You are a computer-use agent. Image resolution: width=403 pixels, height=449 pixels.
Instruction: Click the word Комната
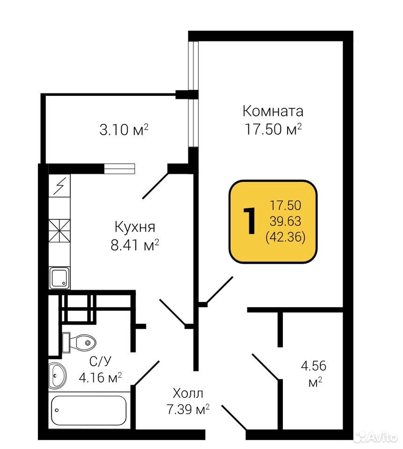tap(273, 111)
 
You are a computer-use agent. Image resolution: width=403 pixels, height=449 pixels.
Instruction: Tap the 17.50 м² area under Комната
tap(273, 129)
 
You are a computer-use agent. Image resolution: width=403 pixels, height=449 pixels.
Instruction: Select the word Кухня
tap(135, 227)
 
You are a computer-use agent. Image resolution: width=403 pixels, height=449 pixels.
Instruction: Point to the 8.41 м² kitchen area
tap(135, 245)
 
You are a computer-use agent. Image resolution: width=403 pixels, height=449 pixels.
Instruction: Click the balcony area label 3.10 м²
tap(124, 130)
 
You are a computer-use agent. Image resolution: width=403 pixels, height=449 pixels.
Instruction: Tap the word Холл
tap(188, 393)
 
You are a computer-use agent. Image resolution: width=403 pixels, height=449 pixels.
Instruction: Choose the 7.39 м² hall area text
tap(188, 409)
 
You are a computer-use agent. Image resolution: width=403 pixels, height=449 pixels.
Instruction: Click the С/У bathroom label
tap(100, 362)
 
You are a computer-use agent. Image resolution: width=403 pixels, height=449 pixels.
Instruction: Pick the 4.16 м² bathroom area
tap(100, 378)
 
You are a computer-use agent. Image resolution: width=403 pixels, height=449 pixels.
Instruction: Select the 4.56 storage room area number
tap(314, 366)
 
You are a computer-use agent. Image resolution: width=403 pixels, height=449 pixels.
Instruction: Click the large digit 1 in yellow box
tap(249, 221)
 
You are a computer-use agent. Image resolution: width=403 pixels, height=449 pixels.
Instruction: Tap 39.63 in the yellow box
tap(286, 221)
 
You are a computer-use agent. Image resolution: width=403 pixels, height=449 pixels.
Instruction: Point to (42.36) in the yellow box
tap(286, 237)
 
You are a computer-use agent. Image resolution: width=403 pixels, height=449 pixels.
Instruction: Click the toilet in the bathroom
tap(79, 342)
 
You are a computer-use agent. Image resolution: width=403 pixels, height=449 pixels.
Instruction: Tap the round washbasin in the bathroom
tap(58, 376)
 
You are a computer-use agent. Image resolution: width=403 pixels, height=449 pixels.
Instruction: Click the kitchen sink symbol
tap(59, 277)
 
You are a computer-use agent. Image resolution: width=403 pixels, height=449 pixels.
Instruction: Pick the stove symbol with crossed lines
tap(59, 231)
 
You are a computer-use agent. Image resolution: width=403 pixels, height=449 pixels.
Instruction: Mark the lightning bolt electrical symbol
tap(59, 186)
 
